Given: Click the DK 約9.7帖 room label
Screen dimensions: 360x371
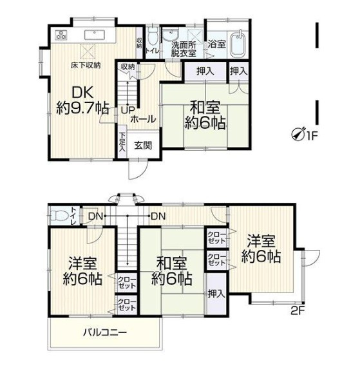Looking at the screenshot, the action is [x=82, y=101].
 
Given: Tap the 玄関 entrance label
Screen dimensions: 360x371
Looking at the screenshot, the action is [x=143, y=146].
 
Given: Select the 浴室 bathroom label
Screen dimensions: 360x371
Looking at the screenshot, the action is [x=216, y=44].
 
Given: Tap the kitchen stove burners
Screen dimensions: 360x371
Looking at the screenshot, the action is [x=61, y=35].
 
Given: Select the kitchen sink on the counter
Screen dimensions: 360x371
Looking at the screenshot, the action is [x=95, y=35].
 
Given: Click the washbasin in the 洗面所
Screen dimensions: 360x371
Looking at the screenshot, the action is [x=170, y=35].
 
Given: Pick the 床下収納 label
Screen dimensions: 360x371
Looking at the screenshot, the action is [x=86, y=65].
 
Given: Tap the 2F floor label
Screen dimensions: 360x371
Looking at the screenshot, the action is [x=298, y=310].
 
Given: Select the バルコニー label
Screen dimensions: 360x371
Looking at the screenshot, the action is [x=105, y=333].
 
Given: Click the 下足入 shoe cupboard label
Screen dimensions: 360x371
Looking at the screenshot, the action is [x=122, y=142].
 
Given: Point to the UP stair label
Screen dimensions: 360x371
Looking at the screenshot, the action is [x=128, y=109].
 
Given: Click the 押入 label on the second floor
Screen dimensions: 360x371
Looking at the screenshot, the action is [x=216, y=294].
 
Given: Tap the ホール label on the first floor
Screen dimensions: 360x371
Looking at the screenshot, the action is [x=143, y=119].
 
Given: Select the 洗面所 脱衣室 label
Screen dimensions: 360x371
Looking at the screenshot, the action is [x=184, y=49].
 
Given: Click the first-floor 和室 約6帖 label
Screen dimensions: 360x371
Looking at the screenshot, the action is [x=205, y=115].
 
